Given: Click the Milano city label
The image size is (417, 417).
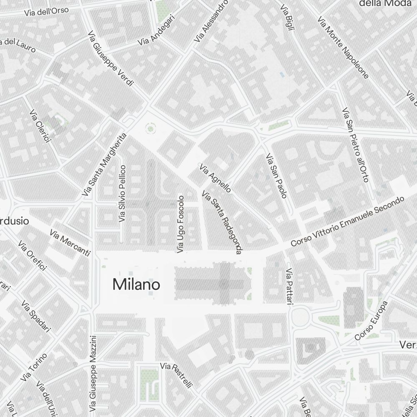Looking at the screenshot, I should click(136, 285).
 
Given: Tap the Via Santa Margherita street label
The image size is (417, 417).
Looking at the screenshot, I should click(104, 165).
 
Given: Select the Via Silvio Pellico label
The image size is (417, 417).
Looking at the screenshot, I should click(122, 193).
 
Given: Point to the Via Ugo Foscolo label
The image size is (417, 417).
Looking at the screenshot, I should click(181, 224).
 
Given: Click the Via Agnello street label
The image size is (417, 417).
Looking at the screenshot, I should click(215, 178).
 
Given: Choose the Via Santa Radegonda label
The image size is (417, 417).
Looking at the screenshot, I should click(222, 222).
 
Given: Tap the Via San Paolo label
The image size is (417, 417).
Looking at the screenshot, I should click(276, 176).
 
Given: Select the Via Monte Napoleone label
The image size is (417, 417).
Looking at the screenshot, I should click(343, 47).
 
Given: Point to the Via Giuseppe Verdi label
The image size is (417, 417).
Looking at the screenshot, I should click(111, 58).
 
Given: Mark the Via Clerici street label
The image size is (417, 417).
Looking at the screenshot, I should click(40, 126).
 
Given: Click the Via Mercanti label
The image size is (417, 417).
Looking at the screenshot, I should click(70, 242).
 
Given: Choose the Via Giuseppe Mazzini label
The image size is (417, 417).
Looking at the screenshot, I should click(94, 372).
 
